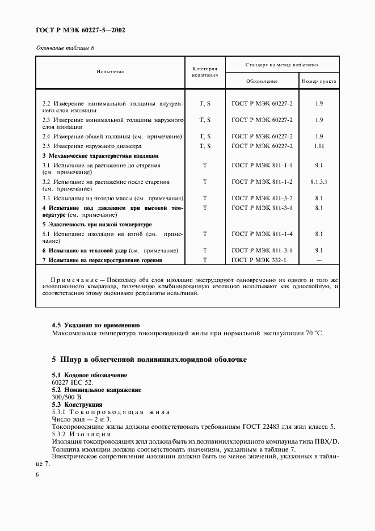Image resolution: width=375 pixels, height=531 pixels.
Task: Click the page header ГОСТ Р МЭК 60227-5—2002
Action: tap(81, 29)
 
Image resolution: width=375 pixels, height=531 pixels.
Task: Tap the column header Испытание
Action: tap(110, 71)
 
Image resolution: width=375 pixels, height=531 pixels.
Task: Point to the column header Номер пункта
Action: tap(319, 82)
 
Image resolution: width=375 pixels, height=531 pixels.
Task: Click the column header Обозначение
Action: tap(262, 82)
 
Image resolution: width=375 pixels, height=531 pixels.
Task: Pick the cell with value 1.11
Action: tap(319, 146)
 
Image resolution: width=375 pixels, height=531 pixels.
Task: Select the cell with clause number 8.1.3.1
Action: tap(319, 182)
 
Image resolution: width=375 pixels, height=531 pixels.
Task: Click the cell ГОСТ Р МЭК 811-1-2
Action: tap(262, 182)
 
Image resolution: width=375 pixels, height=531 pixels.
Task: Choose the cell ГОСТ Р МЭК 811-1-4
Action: tap(262, 234)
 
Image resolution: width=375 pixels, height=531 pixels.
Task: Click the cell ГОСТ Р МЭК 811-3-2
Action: tap(262, 199)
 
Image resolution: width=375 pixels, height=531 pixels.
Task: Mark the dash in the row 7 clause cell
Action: tap(319, 260)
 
